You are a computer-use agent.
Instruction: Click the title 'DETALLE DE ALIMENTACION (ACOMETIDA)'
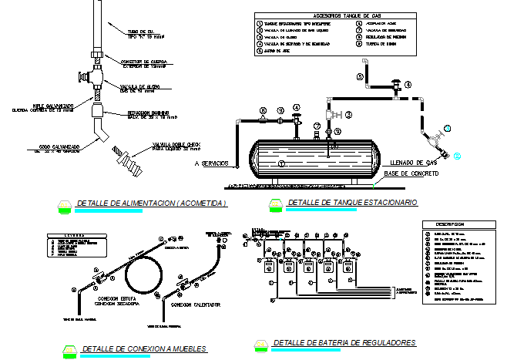[151, 204]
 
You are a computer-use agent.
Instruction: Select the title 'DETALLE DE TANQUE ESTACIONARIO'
[351, 202]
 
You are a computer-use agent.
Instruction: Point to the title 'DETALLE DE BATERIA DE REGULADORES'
[344, 342]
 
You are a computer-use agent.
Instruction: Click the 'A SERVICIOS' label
[217, 164]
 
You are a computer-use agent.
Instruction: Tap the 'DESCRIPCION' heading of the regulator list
[450, 224]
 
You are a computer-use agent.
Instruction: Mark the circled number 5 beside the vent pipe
[359, 77]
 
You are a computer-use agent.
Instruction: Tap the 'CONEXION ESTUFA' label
[114, 297]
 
